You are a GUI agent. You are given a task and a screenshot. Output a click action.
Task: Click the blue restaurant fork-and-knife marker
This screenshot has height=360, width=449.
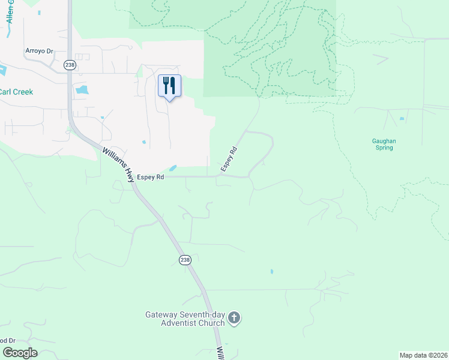pyautogui.click(x=169, y=85)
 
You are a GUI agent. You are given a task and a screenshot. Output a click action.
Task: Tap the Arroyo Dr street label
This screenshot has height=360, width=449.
pyautogui.click(x=40, y=51)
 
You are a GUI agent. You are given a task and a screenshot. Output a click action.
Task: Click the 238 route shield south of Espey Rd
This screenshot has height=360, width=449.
pyautogui.click(x=185, y=259)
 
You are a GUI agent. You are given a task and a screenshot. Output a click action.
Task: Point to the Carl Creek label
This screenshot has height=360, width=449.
pyautogui.click(x=16, y=92)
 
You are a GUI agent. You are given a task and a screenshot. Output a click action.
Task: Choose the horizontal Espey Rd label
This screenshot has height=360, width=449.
pyautogui.click(x=151, y=177)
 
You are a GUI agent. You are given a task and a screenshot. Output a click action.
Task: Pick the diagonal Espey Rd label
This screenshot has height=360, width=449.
pyautogui.click(x=229, y=159)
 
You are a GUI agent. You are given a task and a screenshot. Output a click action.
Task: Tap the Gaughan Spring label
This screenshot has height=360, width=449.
pyautogui.click(x=384, y=145)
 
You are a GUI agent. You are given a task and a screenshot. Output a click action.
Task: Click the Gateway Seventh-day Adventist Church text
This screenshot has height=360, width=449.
pyautogui.click(x=185, y=319)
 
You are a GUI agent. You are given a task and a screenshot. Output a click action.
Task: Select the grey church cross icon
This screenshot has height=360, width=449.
pyautogui.click(x=234, y=318)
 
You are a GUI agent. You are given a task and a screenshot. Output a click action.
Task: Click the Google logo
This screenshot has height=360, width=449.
pyautogui.click(x=20, y=353)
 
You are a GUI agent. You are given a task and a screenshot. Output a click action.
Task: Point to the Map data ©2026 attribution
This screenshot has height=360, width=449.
pyautogui.click(x=423, y=355)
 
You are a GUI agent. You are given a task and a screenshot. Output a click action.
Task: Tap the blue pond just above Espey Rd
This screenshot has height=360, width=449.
pyautogui.click(x=173, y=168)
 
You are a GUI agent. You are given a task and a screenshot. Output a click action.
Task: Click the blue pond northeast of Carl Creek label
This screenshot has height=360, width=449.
pyautogui.click(x=82, y=90)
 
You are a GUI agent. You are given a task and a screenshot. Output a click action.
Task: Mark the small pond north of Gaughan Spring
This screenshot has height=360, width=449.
pyautogui.click(x=402, y=119)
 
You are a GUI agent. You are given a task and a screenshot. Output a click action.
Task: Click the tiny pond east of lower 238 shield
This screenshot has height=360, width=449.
pyautogui.click(x=271, y=271)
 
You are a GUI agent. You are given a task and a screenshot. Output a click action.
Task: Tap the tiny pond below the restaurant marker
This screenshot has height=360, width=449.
pyautogui.click(x=143, y=142)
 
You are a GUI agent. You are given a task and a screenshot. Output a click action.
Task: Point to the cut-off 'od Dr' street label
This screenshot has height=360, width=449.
pyautogui.click(x=7, y=340)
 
